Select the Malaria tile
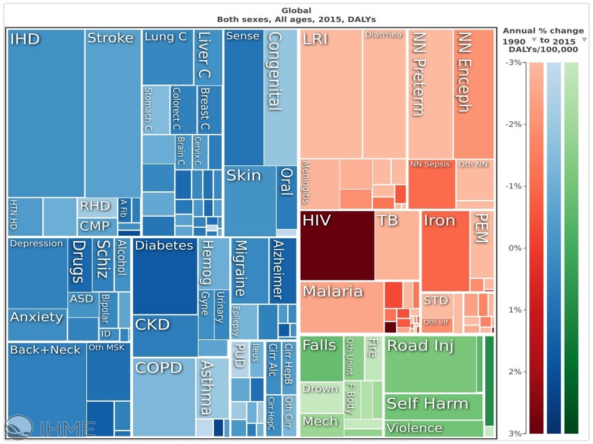tap(342, 306)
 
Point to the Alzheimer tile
tap(283, 270)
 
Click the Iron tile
tap(445, 251)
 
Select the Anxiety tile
tap(37, 324)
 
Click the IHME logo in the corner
tap(49, 427)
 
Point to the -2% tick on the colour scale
tap(513, 124)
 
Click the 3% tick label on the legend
tap(513, 434)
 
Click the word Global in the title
tap(296, 10)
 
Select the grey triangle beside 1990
tap(534, 40)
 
